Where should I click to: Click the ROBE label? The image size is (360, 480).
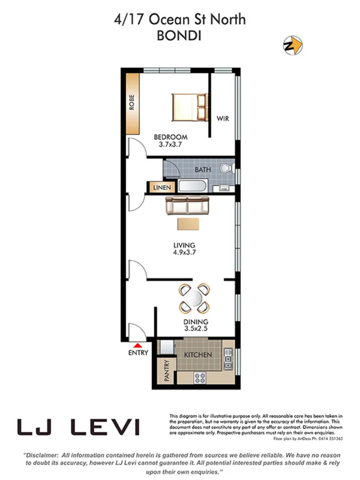click(132, 103)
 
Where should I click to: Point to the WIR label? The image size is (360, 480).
click(223, 118)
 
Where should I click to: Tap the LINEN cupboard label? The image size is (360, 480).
click(162, 188)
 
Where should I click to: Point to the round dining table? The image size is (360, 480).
click(195, 298)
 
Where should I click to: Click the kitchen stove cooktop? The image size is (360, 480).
click(199, 377)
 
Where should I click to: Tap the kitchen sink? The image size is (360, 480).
click(228, 360)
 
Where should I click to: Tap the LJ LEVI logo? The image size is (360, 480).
click(79, 427)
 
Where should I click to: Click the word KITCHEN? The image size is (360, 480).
click(198, 355)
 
